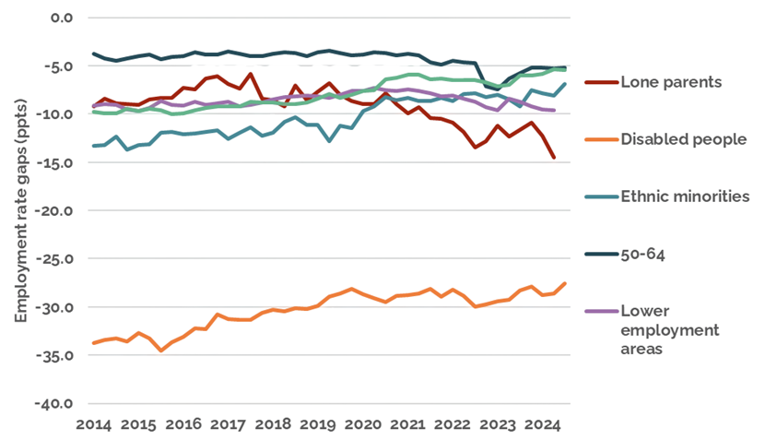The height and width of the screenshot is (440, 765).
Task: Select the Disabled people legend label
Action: pyautogui.click(x=682, y=139)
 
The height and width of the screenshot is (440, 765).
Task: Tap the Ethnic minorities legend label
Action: pyautogui.click(x=686, y=196)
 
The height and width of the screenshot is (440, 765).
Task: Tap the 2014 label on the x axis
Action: pyautogui.click(x=93, y=425)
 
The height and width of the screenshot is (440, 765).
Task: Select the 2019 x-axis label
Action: pyautogui.click(x=318, y=425)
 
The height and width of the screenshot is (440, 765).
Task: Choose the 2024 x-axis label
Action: pyautogui.click(x=542, y=425)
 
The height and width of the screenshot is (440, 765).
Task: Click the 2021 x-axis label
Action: pyautogui.click(x=407, y=425)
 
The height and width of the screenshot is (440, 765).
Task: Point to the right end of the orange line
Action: pyautogui.click(x=565, y=283)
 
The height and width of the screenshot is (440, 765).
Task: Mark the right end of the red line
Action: pyautogui.click(x=554, y=159)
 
